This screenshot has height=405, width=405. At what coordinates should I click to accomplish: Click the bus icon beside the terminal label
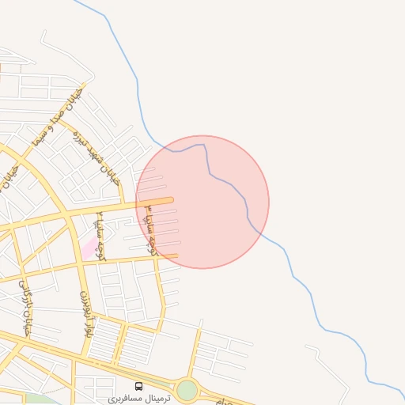click(x=139, y=387)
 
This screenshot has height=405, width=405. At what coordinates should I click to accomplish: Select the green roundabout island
click(x=187, y=390)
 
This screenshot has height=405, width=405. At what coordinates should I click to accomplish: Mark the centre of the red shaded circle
click(x=202, y=202)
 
